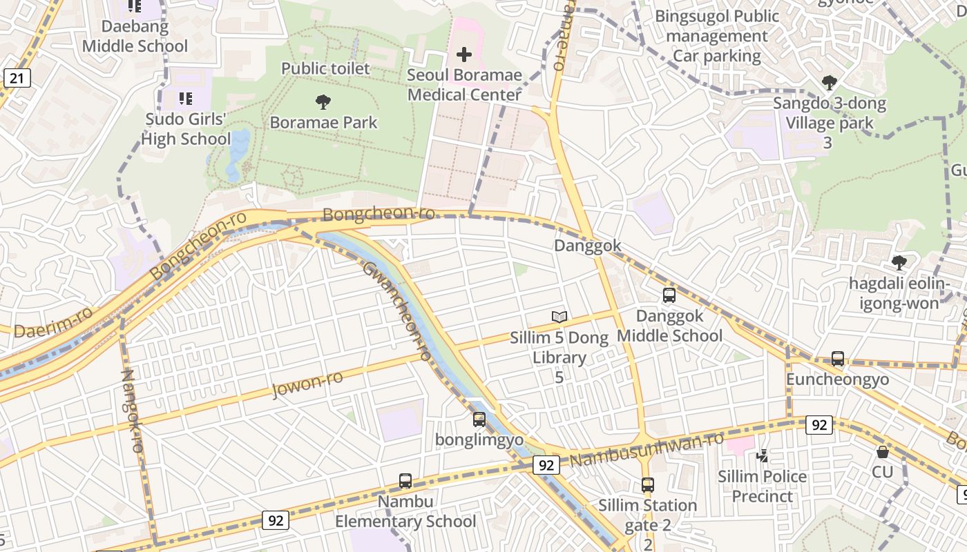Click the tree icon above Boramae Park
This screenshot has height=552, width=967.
click(323, 103)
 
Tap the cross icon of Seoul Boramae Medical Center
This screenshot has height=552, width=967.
click(464, 55)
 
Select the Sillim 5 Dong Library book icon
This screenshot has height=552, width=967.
click(559, 317)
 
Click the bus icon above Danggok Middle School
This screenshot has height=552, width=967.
click(669, 295)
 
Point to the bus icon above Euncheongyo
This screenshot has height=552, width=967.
click(837, 359)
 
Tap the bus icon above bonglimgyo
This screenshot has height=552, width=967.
click(479, 419)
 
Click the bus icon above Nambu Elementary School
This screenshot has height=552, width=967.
click(405, 481)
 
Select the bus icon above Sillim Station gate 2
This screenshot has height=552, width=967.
click(647, 485)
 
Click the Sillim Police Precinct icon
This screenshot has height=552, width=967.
click(762, 456)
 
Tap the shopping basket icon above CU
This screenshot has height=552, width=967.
click(882, 452)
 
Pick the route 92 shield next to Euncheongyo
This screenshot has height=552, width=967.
click(819, 425)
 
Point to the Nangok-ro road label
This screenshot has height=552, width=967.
click(131, 411)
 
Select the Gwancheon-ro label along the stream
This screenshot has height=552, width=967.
click(397, 310)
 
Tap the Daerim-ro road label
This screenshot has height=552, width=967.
click(52, 322)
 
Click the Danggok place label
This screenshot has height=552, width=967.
click(588, 246)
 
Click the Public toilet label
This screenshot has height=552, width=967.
click(325, 68)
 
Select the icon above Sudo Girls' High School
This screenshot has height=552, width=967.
click(185, 99)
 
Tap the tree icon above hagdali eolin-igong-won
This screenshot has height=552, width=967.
click(898, 263)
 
